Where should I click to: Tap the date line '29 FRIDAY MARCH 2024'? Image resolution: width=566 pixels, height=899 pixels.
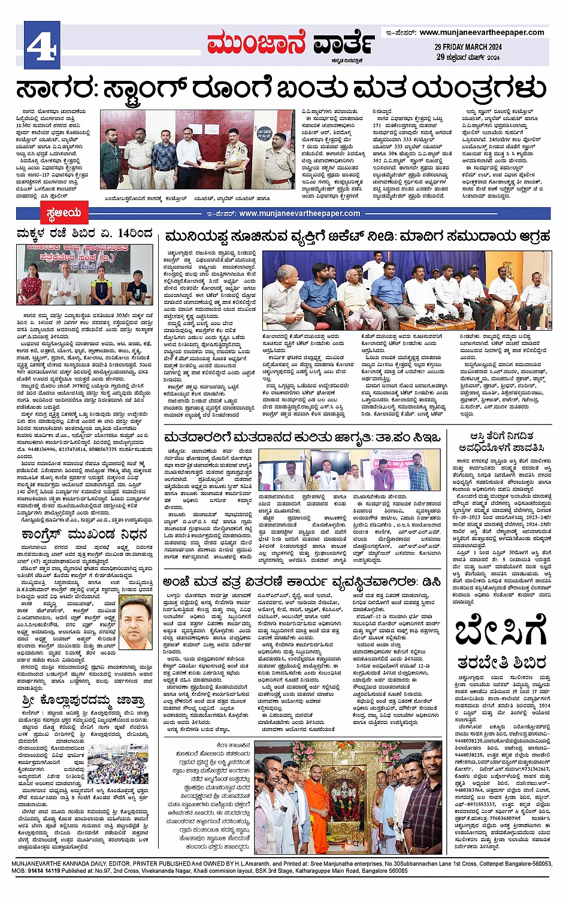pos(468,47)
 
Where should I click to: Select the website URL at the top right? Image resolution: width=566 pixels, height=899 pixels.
pos(482,32)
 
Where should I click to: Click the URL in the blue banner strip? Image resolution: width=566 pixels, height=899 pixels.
pos(299,213)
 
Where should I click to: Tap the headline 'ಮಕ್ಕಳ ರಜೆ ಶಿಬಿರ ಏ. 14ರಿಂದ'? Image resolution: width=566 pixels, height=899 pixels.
pos(84,234)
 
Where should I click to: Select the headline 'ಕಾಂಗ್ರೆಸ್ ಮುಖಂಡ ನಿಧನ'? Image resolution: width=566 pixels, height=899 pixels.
pos(83,534)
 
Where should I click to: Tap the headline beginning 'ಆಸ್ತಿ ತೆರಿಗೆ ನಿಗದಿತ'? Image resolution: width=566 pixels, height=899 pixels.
pos(501,442)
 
